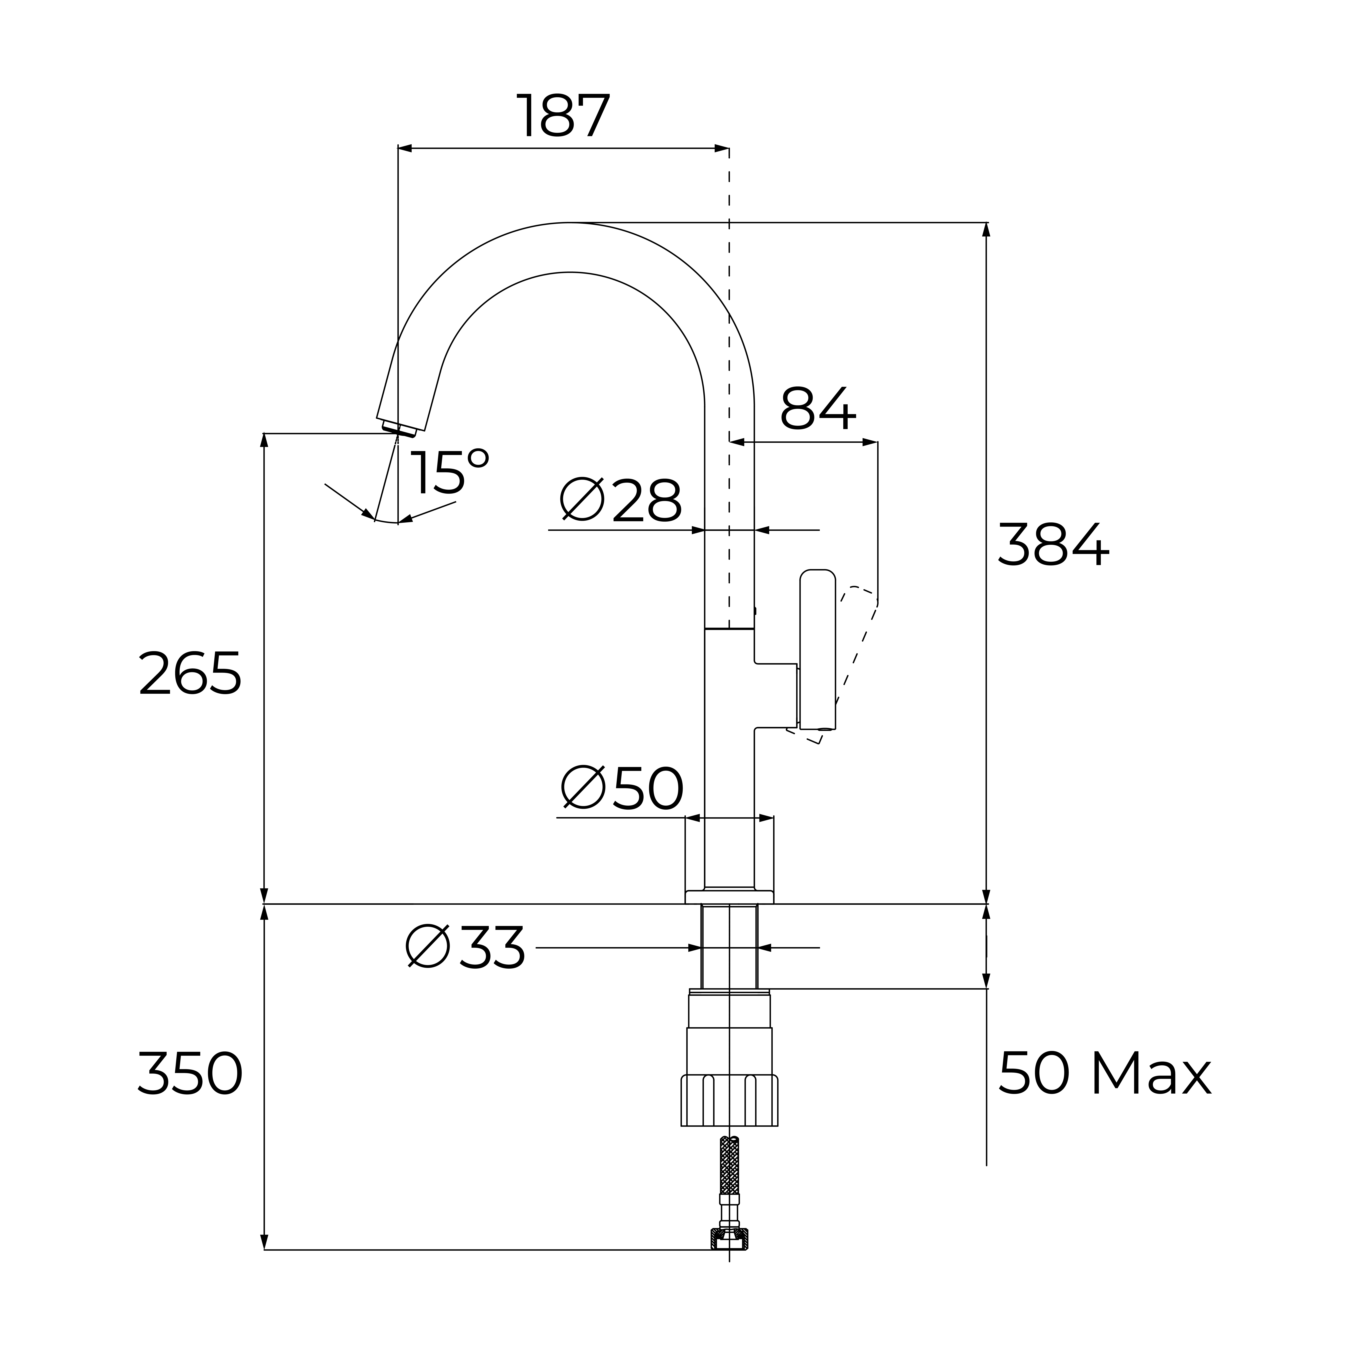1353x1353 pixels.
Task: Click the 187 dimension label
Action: tap(564, 116)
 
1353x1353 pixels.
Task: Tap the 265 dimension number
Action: tap(190, 673)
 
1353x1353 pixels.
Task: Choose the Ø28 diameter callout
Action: tap(621, 500)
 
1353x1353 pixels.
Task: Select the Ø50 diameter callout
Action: tap(622, 788)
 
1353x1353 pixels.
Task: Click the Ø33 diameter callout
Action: tap(466, 947)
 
